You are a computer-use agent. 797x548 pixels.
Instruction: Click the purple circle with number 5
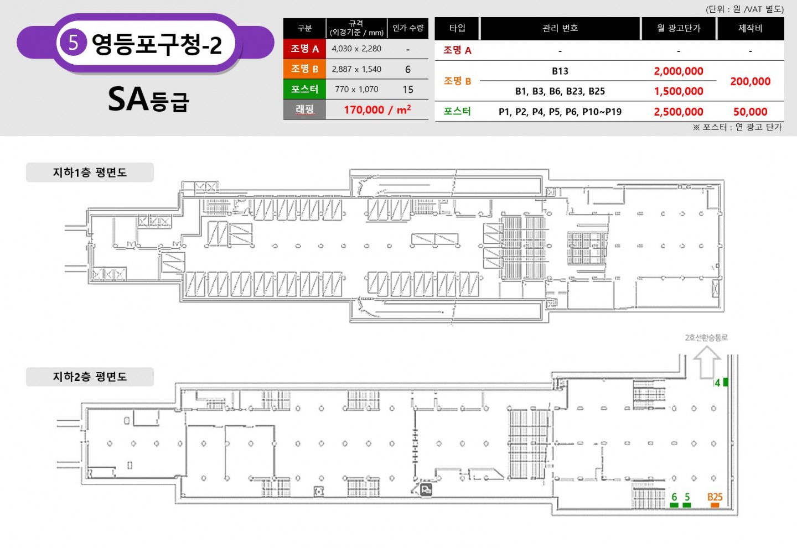click(x=73, y=43)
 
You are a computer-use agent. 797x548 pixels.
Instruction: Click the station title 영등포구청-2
click(x=157, y=44)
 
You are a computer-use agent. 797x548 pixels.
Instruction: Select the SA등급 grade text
click(x=148, y=100)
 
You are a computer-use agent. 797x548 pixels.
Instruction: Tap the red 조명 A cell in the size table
click(x=304, y=49)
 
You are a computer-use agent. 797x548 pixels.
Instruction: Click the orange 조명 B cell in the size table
click(x=304, y=69)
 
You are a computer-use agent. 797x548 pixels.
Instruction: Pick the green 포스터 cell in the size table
click(x=304, y=89)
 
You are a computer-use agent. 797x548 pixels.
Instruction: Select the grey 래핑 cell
click(x=304, y=109)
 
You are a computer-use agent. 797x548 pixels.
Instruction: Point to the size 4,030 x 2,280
click(x=356, y=49)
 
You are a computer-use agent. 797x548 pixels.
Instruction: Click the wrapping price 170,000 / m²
click(x=377, y=110)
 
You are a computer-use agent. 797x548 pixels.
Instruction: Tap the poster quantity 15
click(x=408, y=90)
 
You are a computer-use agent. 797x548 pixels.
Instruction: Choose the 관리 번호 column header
click(x=560, y=28)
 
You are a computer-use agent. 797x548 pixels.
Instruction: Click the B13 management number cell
click(x=560, y=71)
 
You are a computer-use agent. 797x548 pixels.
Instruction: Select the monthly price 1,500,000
click(x=679, y=91)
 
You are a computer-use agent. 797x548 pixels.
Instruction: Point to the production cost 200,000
click(x=751, y=81)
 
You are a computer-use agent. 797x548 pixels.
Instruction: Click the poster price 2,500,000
click(x=679, y=112)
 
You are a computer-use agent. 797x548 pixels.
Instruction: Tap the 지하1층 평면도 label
click(x=90, y=173)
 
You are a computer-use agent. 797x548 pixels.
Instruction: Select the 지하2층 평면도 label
click(x=90, y=377)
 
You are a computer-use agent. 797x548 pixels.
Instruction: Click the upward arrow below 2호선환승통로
click(x=707, y=363)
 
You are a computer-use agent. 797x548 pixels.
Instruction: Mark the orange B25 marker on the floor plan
click(x=715, y=505)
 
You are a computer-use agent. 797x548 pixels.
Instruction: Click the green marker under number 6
click(x=674, y=505)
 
